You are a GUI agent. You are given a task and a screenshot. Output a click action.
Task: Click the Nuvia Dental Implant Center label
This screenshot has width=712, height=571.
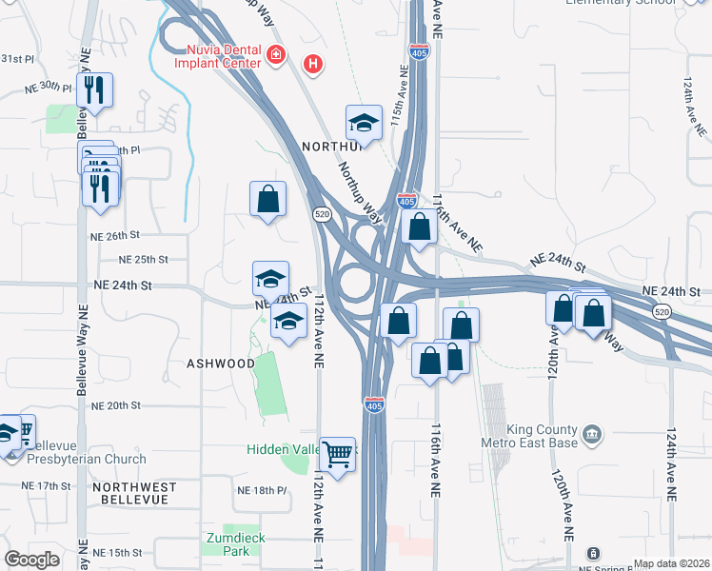[x=216, y=56]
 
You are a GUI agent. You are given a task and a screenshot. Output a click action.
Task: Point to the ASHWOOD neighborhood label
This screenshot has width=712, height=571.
[x=221, y=364]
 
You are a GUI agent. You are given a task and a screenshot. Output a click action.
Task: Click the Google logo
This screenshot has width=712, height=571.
[x=31, y=560]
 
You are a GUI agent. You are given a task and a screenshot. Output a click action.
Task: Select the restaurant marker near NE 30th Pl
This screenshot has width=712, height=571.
[x=94, y=90]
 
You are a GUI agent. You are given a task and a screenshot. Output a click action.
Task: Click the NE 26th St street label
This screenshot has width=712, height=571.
[x=115, y=235]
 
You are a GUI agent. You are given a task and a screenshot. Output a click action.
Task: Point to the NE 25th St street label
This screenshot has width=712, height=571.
[x=144, y=259]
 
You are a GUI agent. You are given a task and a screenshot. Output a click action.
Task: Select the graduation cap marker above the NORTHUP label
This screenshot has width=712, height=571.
[x=364, y=123]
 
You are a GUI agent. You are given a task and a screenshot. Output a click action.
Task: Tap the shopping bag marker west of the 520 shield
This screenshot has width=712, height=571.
[x=268, y=199]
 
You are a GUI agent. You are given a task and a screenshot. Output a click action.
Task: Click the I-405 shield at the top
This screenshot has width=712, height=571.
[x=418, y=50]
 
